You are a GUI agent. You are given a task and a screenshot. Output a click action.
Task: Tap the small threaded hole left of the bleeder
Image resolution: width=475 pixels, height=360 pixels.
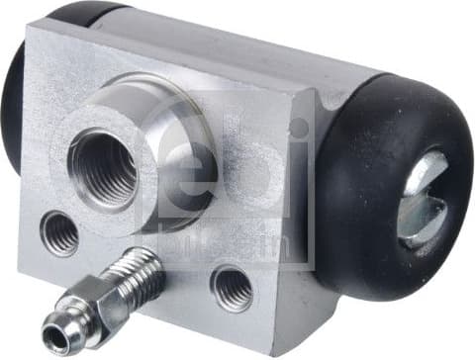coord(59,233)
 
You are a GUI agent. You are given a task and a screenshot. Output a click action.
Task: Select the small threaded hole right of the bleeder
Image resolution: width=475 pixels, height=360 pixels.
coord(232,288)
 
